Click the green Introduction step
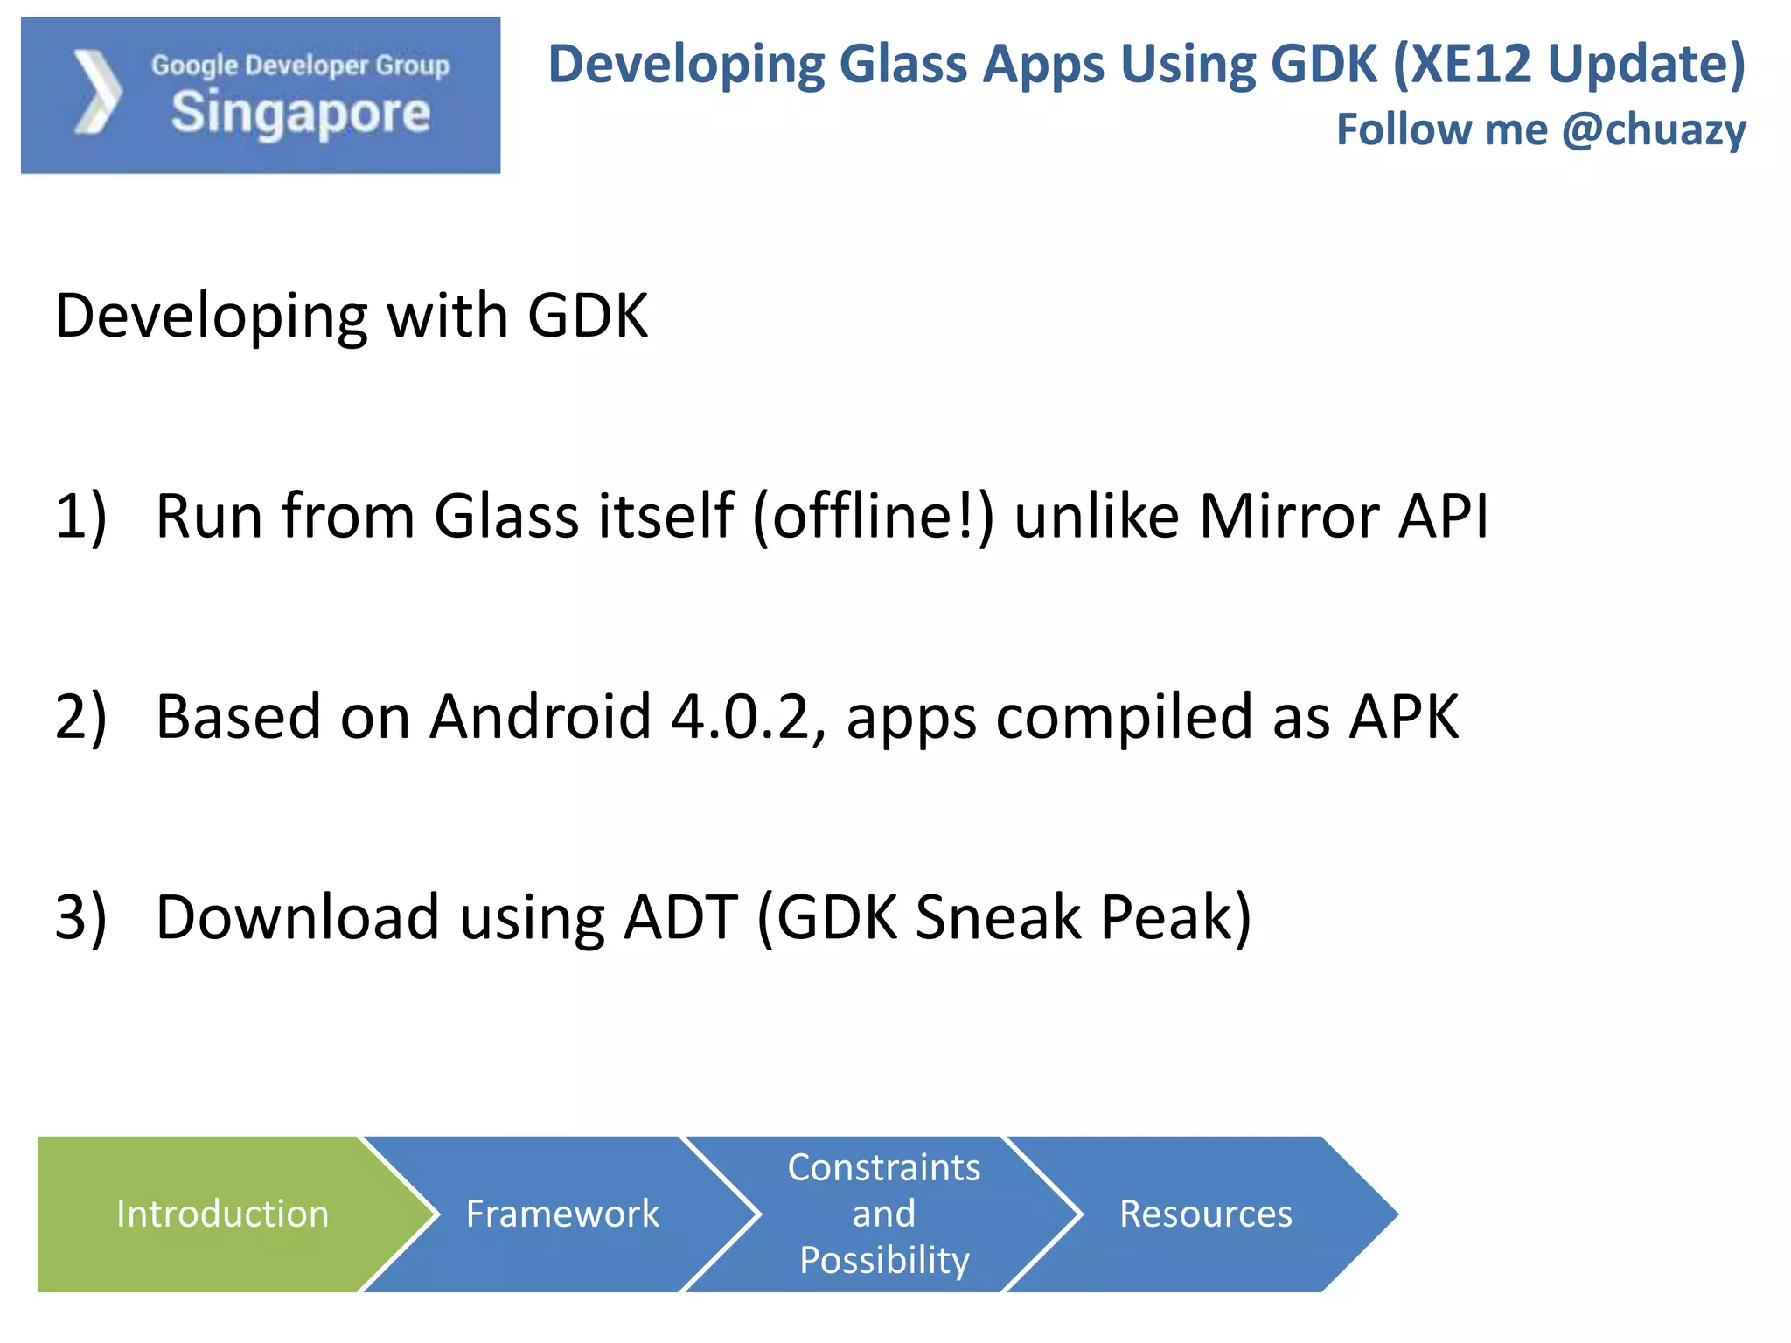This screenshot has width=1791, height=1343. point(222,1214)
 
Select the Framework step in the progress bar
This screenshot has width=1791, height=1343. point(561,1214)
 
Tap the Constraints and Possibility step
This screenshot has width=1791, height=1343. point(883,1214)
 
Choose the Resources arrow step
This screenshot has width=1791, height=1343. point(1205,1214)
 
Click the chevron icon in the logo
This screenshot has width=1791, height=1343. point(97,93)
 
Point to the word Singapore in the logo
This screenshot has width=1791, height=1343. point(301,114)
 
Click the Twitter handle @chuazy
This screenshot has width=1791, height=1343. point(1654,129)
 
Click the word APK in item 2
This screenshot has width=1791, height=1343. point(1404,717)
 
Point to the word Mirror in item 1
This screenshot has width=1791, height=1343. point(1289,516)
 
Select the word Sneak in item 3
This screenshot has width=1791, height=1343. point(998,917)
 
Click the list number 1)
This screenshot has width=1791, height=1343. point(80,516)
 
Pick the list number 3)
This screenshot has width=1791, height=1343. point(80,917)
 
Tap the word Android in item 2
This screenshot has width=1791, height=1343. point(540,717)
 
